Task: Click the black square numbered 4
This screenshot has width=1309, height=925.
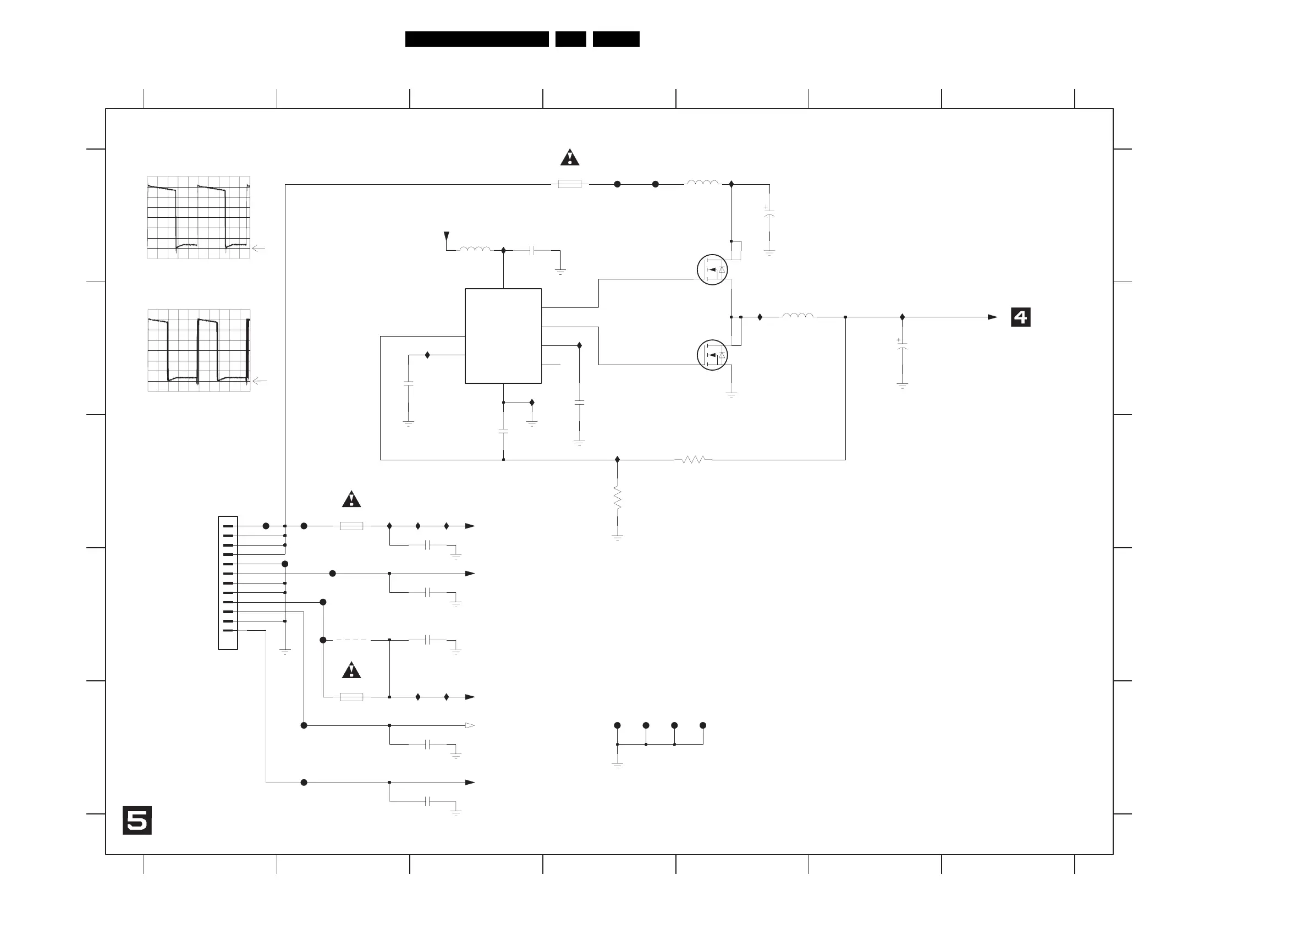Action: point(1020,317)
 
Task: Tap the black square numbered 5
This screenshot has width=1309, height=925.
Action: point(137,821)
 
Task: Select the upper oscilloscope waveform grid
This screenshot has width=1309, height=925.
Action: point(199,217)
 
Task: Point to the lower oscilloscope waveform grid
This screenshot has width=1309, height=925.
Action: point(199,350)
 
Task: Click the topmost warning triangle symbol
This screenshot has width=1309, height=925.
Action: point(570,157)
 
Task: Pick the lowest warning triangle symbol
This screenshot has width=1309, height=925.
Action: point(351,671)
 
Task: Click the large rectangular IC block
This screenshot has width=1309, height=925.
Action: point(503,335)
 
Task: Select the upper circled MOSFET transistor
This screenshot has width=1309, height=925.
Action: point(712,269)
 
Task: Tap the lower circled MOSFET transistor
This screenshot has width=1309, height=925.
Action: point(712,355)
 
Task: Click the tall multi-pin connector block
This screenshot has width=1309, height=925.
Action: point(228,582)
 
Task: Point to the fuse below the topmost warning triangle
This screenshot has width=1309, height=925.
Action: point(570,184)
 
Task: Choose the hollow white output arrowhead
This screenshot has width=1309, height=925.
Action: point(470,725)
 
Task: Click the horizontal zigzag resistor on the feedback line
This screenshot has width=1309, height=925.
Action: point(693,459)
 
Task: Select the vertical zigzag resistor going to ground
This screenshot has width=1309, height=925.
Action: point(617,498)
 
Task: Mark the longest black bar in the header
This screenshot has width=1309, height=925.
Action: point(477,38)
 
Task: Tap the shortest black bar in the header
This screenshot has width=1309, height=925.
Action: point(571,38)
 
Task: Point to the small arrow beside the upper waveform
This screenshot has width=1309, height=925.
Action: point(258,249)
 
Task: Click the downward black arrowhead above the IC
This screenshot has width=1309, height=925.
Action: point(447,236)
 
